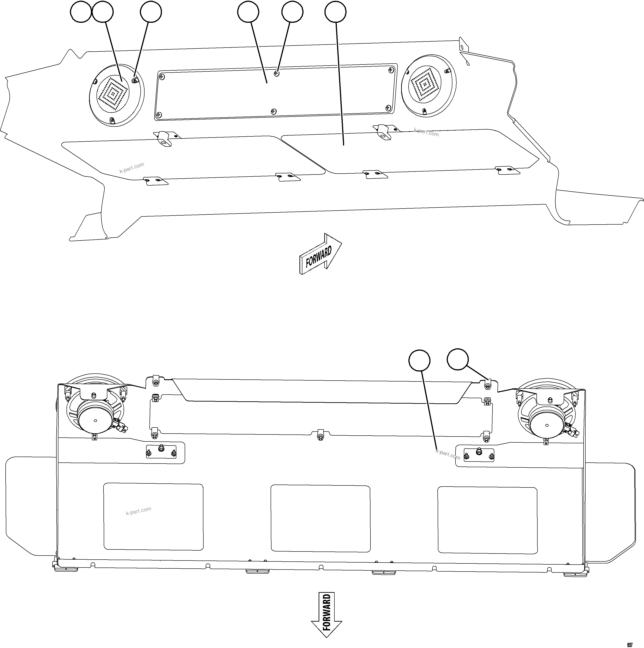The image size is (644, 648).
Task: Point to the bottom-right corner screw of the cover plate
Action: [388, 108]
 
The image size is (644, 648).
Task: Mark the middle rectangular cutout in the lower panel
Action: [320, 518]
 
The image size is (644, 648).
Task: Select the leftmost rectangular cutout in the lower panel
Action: [153, 517]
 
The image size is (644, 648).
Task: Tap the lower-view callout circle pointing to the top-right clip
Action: [458, 360]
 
